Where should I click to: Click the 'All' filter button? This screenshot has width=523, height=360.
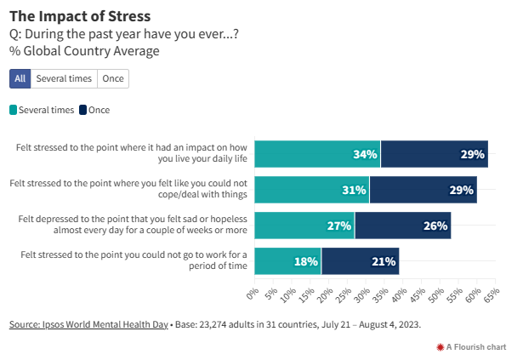tap(20, 78)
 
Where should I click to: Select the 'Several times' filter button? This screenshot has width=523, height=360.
tap(64, 78)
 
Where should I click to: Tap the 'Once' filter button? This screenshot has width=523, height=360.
tap(112, 78)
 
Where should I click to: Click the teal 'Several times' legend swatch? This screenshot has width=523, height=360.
tap(14, 110)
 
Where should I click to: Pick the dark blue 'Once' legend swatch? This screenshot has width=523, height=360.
tap(82, 110)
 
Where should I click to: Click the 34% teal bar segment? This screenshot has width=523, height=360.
tap(317, 154)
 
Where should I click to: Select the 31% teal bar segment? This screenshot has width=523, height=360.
tap(311, 190)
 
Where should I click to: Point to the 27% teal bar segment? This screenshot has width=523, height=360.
tap(304, 226)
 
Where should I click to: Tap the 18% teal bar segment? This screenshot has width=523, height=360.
tap(287, 261)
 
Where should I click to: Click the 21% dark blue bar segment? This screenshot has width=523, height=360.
tap(360, 261)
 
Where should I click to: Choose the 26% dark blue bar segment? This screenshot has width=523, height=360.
tap(402, 226)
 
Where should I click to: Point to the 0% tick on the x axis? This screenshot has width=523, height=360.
tap(252, 294)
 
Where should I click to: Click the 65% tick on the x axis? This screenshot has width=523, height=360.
tap(491, 294)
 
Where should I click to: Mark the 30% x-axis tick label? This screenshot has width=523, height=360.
tap(361, 294)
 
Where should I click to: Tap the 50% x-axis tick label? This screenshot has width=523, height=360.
tap(435, 294)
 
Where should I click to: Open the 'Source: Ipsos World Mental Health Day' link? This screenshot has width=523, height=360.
tap(88, 324)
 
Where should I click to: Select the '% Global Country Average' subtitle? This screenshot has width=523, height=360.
tap(84, 50)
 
